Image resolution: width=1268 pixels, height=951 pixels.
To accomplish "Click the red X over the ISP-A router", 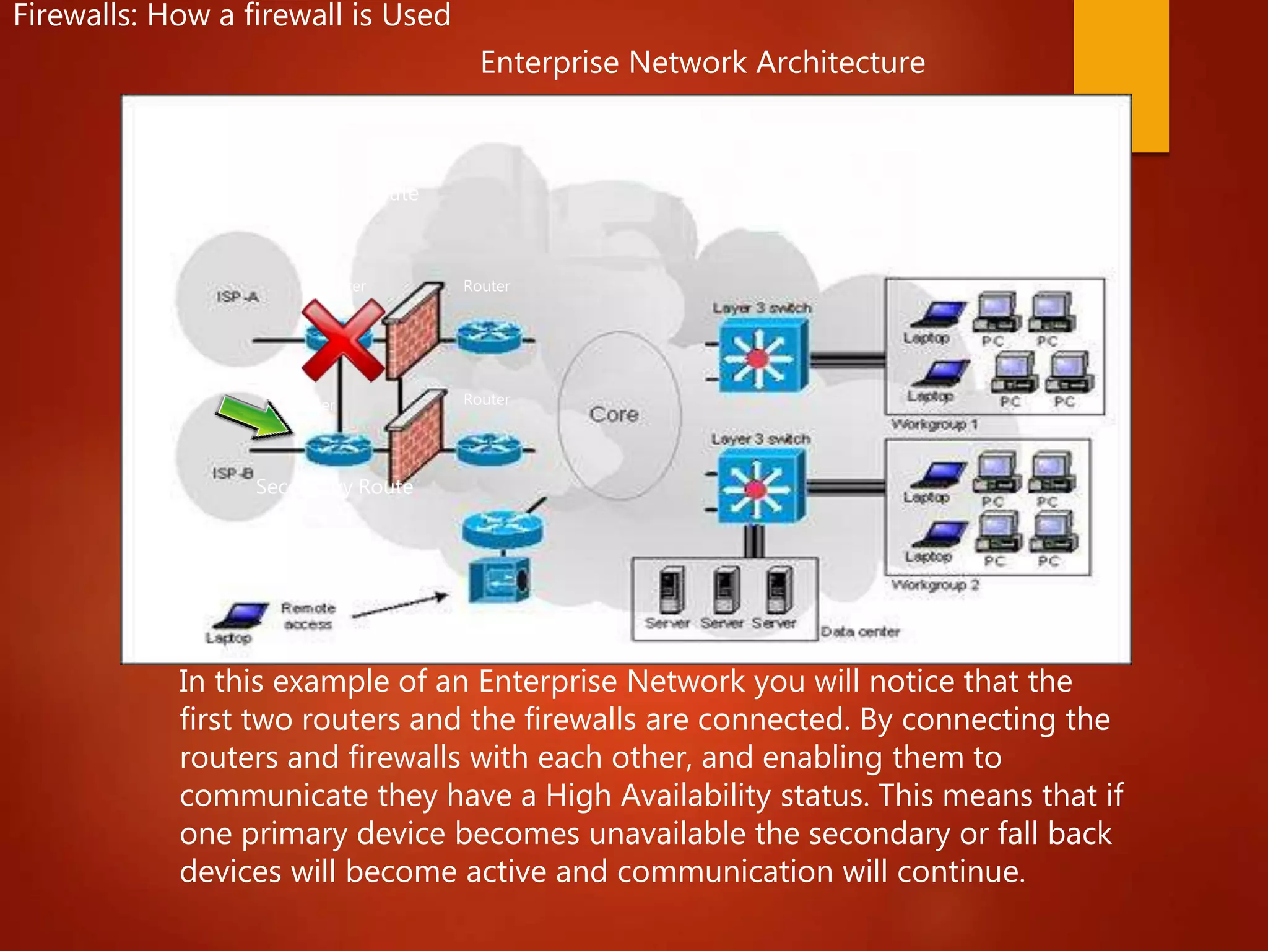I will point(342,340).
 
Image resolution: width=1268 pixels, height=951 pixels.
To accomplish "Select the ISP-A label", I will point(237,297).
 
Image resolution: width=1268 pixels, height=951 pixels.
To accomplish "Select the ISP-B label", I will point(233,474).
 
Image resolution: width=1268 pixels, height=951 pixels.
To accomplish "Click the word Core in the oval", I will point(614,414).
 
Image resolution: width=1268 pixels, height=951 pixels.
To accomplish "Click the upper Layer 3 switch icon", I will point(763,357).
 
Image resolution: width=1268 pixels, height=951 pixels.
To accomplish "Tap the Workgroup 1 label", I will point(934,425).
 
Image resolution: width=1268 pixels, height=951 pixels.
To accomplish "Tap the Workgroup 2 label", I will point(935,585).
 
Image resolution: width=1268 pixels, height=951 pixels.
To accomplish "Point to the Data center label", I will point(860,632).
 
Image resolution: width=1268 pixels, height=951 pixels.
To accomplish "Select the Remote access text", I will point(308,616).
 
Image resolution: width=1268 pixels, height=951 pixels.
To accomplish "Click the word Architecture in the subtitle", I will point(840,63).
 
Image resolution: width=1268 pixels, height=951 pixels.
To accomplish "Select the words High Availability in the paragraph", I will point(658,796).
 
